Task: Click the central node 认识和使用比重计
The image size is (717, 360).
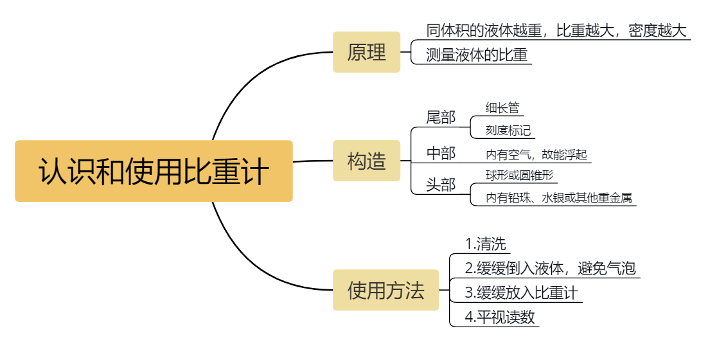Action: (x=154, y=171)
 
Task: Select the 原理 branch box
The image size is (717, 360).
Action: (x=366, y=52)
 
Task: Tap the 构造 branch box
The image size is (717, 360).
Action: (x=366, y=161)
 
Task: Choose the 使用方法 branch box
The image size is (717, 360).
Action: (x=385, y=290)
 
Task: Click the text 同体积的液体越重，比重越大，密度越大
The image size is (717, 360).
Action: (x=556, y=30)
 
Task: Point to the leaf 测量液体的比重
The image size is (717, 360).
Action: (x=477, y=55)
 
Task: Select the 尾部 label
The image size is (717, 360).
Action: (x=441, y=117)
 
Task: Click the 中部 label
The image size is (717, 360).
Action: (x=441, y=153)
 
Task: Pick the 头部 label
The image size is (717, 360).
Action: (x=441, y=185)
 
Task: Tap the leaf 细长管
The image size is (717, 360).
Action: (x=502, y=107)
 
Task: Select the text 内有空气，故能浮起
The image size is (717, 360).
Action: (x=536, y=154)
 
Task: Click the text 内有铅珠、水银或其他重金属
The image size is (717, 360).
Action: (x=559, y=197)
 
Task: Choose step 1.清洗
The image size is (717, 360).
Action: (x=486, y=244)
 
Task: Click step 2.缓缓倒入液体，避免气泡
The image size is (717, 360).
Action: (x=551, y=268)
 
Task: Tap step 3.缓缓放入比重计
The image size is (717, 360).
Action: (x=522, y=292)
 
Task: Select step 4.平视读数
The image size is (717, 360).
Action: (x=500, y=317)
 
